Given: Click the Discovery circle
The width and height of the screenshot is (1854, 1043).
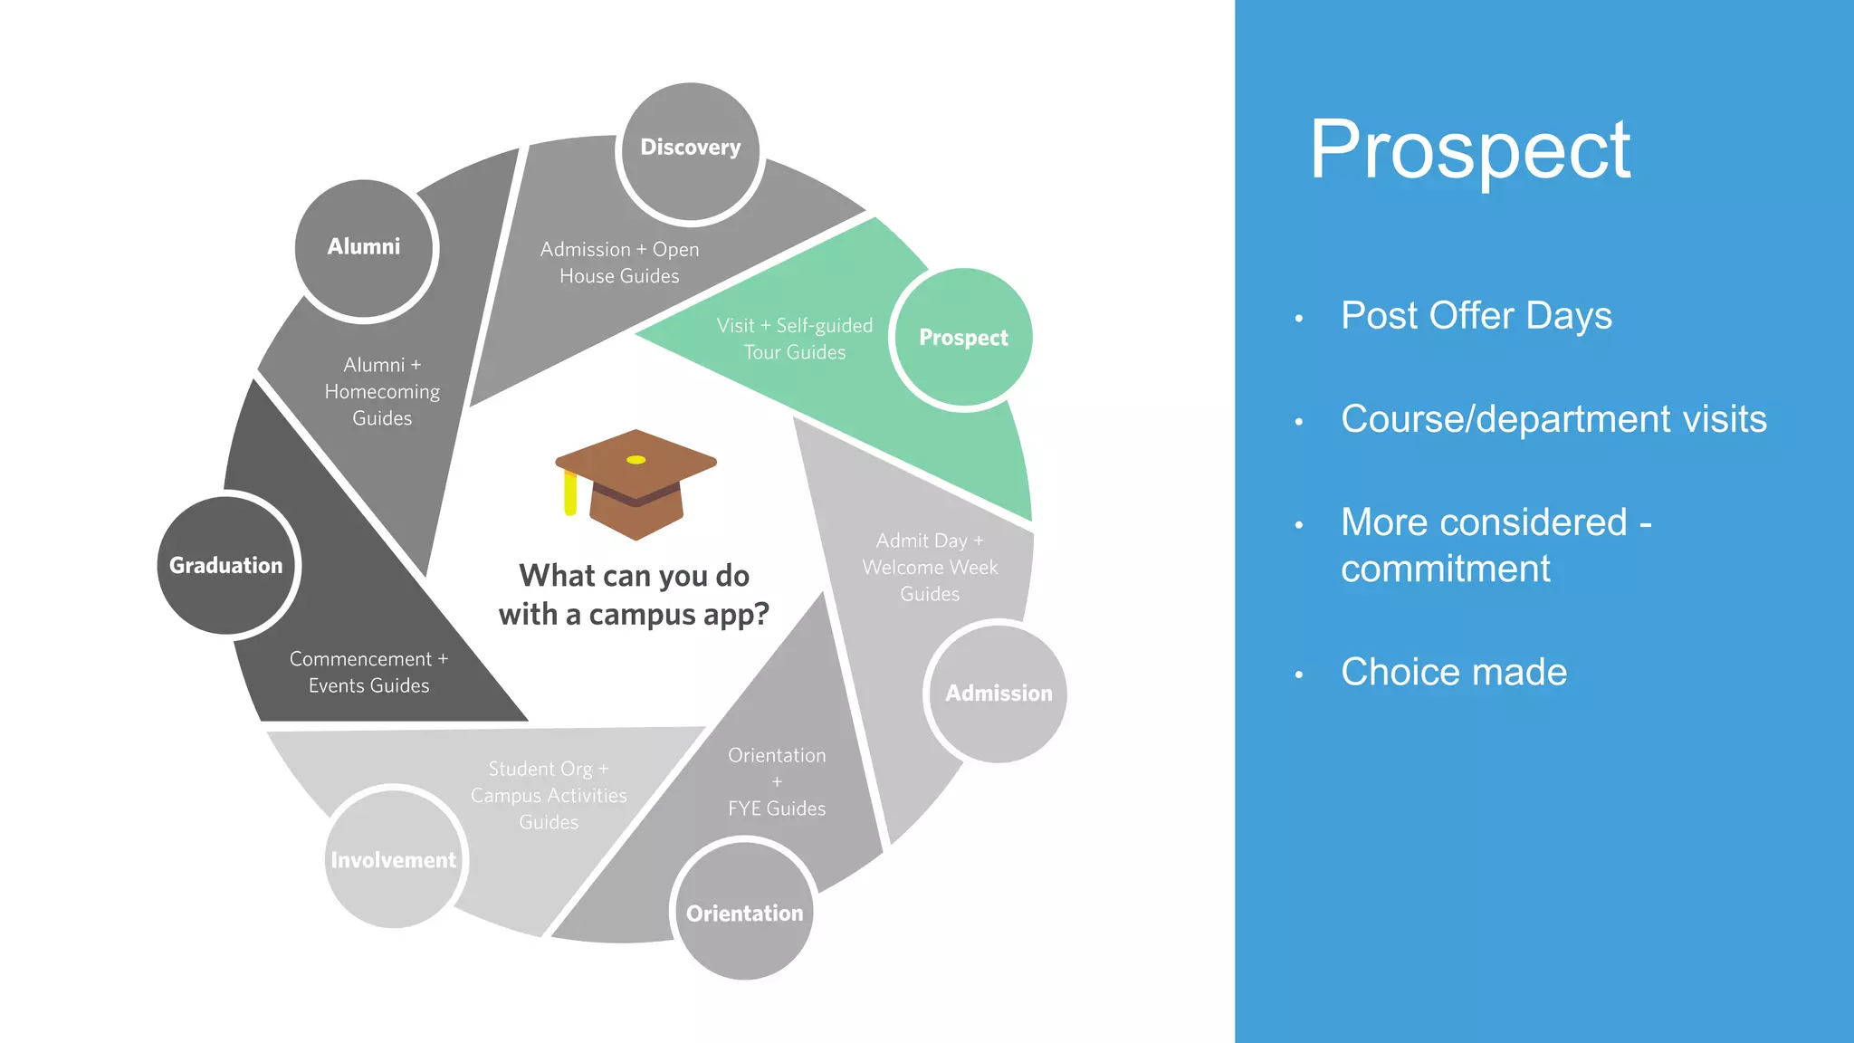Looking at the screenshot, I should pyautogui.click(x=691, y=151).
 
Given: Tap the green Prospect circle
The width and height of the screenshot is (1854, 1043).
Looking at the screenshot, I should pyautogui.click(x=963, y=339).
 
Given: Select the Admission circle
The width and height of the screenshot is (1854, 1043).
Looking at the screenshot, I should pyautogui.click(x=999, y=694).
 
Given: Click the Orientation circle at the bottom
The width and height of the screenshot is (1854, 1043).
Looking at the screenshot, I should pyautogui.click(x=744, y=911).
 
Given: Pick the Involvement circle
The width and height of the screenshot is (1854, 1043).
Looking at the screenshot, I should pyautogui.click(x=394, y=858).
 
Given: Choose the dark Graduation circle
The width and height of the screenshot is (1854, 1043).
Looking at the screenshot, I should pyautogui.click(x=226, y=565).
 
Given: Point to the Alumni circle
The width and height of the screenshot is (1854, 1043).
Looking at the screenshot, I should pyautogui.click(x=364, y=248).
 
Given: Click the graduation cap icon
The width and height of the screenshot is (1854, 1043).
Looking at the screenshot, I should pyautogui.click(x=636, y=484).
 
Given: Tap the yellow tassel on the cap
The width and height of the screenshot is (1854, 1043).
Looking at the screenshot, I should pyautogui.click(x=570, y=493).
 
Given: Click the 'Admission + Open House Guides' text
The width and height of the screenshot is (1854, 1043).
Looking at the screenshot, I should pyautogui.click(x=619, y=263).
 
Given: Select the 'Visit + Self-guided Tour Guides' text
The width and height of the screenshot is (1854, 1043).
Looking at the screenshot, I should pyautogui.click(x=794, y=339).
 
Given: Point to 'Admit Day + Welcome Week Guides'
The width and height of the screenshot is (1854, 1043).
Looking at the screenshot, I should pyautogui.click(x=930, y=567).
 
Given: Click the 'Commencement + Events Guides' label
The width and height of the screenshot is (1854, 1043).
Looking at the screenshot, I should pyautogui.click(x=368, y=672).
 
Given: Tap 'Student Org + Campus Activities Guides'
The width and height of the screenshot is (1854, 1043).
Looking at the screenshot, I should pyautogui.click(x=549, y=795).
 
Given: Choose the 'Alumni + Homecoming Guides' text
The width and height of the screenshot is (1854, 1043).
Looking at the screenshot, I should pyautogui.click(x=382, y=391).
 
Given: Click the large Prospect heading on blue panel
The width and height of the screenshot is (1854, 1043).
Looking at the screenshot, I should pyautogui.click(x=1469, y=150).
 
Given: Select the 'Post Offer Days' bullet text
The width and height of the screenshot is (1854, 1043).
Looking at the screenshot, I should pyautogui.click(x=1476, y=316).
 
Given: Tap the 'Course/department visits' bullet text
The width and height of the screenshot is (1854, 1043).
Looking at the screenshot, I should pyautogui.click(x=1553, y=419).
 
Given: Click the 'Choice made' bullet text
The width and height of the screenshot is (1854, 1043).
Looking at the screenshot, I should pyautogui.click(x=1453, y=672).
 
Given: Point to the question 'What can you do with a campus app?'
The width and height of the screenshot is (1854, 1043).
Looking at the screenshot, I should pyautogui.click(x=634, y=595).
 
